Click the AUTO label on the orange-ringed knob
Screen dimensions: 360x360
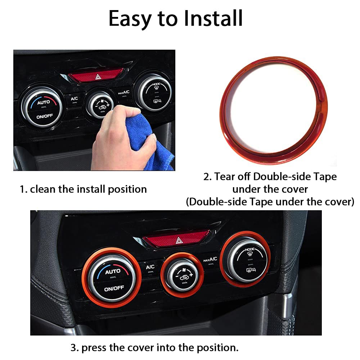113,271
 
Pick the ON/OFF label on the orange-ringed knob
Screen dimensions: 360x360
114,288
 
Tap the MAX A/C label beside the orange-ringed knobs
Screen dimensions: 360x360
210,259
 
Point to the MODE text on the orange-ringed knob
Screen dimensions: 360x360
249,249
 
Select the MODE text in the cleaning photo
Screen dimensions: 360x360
156,84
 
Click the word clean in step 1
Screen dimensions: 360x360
43,189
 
